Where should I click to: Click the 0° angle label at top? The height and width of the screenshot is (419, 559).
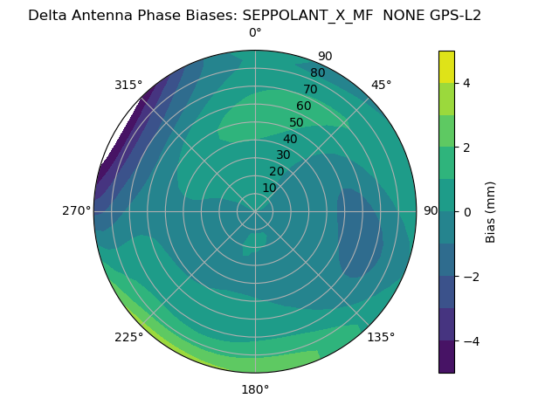coord(255,33)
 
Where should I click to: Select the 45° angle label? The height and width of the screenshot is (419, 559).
coord(382,85)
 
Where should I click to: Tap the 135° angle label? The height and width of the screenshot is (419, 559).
coord(381,337)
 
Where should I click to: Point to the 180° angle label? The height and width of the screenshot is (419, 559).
coord(255,389)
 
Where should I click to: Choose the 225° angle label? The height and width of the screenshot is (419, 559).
coord(128,337)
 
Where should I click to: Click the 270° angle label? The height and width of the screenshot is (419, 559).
coord(77,210)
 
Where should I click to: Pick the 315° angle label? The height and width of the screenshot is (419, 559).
coord(128,85)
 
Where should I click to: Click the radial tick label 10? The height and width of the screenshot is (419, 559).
coord(269,188)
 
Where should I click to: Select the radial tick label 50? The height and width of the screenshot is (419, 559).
coord(297,123)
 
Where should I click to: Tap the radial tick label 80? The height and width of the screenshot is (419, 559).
coord(318,73)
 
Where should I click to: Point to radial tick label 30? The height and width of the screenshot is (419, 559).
coord(283,155)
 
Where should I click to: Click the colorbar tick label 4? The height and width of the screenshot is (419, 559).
coord(467,83)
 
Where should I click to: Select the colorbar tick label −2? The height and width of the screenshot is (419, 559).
coord(471,276)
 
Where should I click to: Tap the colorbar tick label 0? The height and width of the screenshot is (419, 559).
coord(467,211)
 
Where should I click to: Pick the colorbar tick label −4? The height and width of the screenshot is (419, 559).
coord(471,340)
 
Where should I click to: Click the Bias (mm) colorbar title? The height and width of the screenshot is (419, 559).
coord(491,211)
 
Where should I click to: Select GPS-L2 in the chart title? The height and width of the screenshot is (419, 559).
coord(452,15)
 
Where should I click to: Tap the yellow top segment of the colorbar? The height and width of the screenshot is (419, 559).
coord(446,67)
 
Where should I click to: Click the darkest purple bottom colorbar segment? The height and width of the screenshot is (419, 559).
coord(446,357)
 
